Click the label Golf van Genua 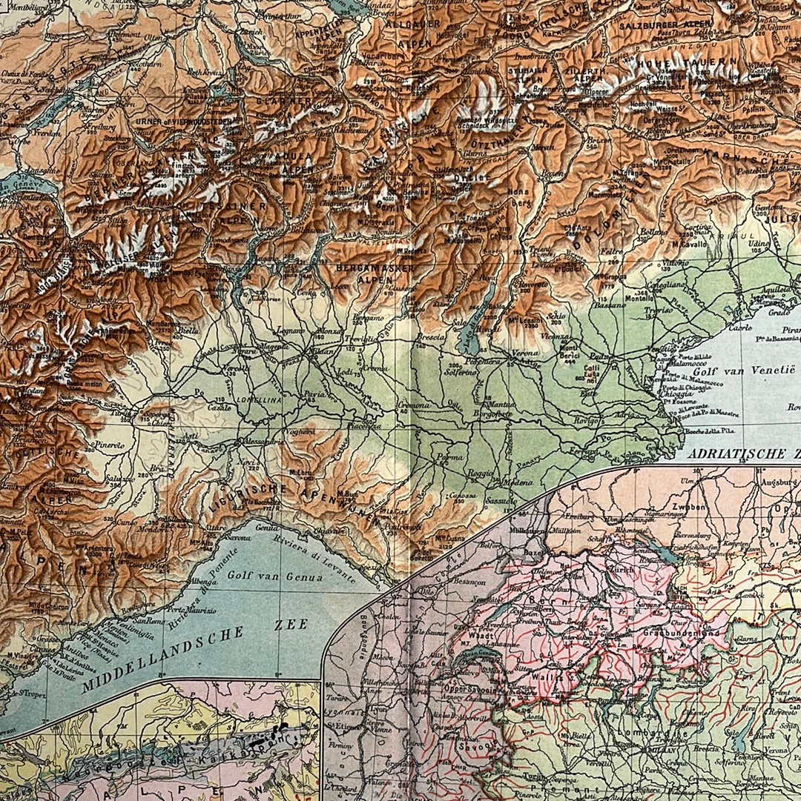tap(274, 574)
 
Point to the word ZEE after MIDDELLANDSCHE tap(290, 625)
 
